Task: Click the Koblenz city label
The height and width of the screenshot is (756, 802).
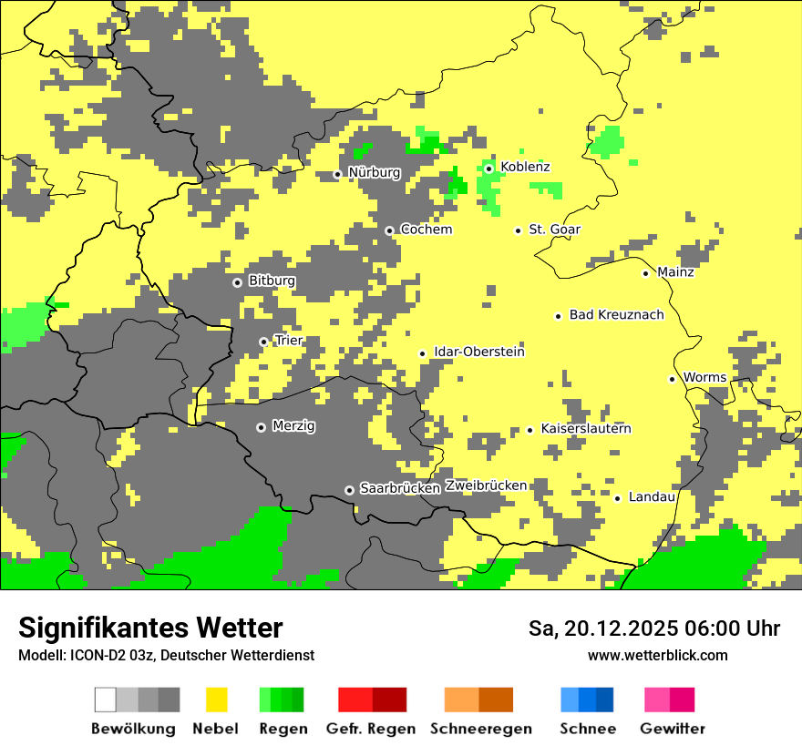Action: point(525,167)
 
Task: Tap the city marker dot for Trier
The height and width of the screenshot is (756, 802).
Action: point(263,342)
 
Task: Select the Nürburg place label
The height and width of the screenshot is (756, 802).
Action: point(374,172)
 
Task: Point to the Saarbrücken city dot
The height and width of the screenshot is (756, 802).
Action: point(349,490)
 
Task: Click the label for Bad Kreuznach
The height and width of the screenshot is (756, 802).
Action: point(616,314)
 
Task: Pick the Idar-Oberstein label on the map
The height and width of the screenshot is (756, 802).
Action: point(479,352)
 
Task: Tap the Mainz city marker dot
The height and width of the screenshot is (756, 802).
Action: point(645,273)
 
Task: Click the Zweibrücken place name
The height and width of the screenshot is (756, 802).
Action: point(486,485)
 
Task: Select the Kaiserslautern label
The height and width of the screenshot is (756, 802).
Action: point(585,428)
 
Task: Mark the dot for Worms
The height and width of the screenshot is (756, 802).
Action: point(672,379)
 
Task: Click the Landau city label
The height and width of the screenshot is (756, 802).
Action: point(652,496)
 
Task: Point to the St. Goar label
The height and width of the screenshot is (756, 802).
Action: point(554,230)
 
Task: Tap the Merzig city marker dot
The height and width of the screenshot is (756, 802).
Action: point(261,427)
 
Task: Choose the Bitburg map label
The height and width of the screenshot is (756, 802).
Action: point(272,281)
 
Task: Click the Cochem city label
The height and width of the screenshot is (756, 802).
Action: point(426,230)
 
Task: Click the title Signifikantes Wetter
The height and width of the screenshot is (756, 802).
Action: point(150,628)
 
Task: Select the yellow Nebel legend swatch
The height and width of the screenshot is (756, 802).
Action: point(216,700)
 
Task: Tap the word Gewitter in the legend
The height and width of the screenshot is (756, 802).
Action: point(672,729)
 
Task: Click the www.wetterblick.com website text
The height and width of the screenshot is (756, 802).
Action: point(657,655)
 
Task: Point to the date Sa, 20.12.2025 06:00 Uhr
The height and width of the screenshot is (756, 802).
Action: point(653,628)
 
